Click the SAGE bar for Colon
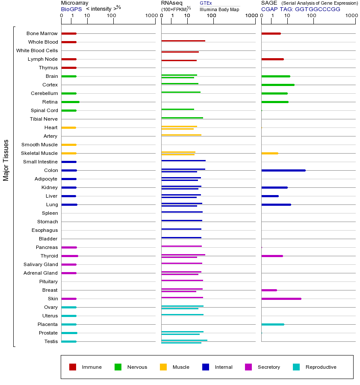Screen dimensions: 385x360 pos(283,170)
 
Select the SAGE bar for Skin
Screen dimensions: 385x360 pos(281,299)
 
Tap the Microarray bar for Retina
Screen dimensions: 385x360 pos(70,102)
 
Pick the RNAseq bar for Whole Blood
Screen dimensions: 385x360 pos(183,41)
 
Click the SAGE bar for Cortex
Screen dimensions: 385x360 pos(277,85)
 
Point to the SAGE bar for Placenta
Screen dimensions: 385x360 pos(272,324)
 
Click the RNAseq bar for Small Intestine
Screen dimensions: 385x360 pos(183,160)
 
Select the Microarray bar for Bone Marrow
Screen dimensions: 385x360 pos(68,33)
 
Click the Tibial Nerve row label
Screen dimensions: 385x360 pos(44,119)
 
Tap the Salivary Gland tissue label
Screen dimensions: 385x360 pos(41,264)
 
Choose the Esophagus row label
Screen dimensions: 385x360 pos(44,230)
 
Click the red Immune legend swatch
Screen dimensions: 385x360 pos(73,367)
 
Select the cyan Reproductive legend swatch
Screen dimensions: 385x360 pos(296,367)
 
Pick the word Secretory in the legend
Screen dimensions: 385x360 pos(269,367)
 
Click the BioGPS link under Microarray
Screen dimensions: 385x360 pos(71,9)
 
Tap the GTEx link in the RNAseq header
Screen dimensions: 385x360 pos(206,3)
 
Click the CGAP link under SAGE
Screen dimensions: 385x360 pos(269,9)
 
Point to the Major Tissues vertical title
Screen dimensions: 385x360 pos(6,160)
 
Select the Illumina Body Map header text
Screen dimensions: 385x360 pos(219,9)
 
